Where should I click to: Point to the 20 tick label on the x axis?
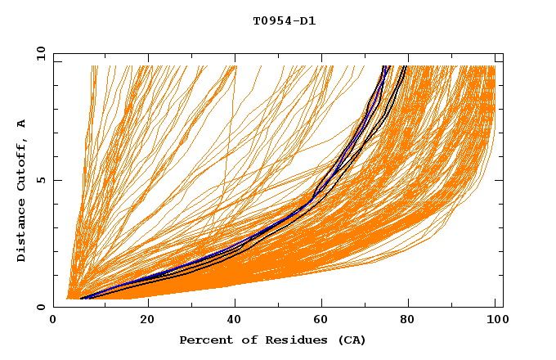pos(147,321)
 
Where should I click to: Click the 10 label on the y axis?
pos(40,54)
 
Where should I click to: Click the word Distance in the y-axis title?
pos(21,232)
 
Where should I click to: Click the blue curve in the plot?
pos(245,238)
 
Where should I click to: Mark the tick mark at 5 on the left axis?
pos(56,180)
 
